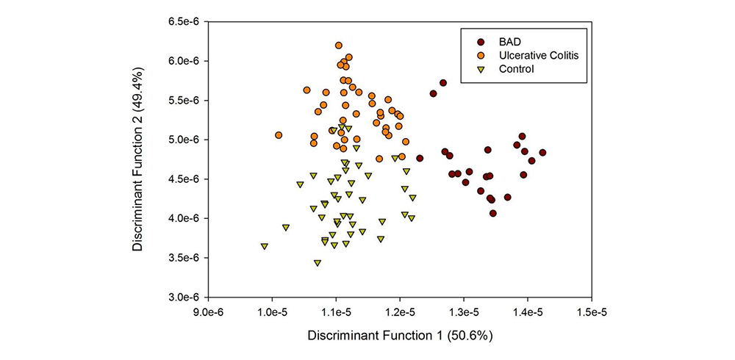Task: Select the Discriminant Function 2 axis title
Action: pyautogui.click(x=138, y=159)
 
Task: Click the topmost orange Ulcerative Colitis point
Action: pyautogui.click(x=339, y=46)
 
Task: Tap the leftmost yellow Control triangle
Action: pyautogui.click(x=264, y=247)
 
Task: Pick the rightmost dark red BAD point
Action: pyautogui.click(x=542, y=153)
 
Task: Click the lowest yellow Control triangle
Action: pyautogui.click(x=318, y=263)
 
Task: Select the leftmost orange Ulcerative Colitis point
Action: pyautogui.click(x=279, y=135)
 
